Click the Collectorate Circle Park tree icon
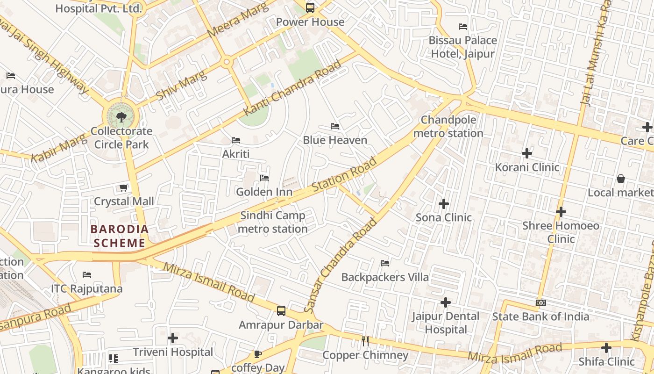(121, 116)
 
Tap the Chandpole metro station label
(448, 127)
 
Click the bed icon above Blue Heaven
(335, 126)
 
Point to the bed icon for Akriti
(236, 140)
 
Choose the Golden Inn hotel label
(264, 192)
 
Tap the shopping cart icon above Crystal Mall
(123, 187)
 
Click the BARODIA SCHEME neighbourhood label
(120, 236)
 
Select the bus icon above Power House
(310, 7)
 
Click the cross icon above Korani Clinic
(527, 153)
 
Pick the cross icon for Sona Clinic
(444, 203)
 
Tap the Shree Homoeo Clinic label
(561, 232)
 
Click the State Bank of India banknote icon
(541, 302)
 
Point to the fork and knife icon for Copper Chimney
(365, 341)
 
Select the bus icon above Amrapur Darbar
(281, 311)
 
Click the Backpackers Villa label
(385, 277)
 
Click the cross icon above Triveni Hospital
(173, 338)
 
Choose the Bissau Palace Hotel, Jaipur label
(462, 47)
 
